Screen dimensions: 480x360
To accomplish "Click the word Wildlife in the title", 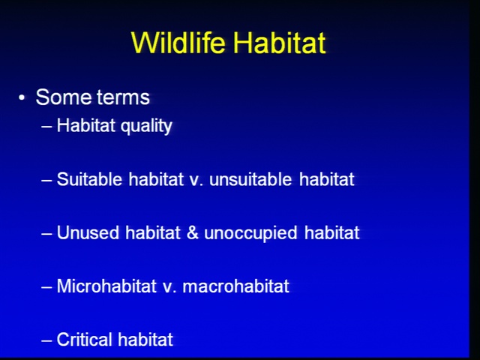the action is [x=178, y=42].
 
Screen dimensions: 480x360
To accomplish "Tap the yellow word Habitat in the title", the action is [x=279, y=42].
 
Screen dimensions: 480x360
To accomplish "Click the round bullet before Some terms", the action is [x=22, y=98].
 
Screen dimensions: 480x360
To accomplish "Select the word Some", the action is [x=64, y=97].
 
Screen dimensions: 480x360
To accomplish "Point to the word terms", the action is [x=123, y=97].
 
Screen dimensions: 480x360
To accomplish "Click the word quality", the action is [x=146, y=126].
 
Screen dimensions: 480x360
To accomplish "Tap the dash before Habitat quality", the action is [x=46, y=126].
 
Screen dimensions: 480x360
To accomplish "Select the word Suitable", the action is [x=89, y=179].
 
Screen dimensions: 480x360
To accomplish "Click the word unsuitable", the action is [x=250, y=179].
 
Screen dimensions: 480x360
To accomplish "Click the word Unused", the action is [x=88, y=232].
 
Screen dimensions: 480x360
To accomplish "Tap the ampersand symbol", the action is [x=193, y=232].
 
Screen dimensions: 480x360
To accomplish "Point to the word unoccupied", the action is [x=250, y=233].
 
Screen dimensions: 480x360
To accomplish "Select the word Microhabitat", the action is [x=106, y=286].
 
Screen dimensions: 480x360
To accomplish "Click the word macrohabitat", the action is [x=235, y=286].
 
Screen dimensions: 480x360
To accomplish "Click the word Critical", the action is [x=84, y=340].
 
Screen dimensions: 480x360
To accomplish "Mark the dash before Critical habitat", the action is [x=46, y=340].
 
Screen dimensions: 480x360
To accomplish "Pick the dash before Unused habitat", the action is [x=46, y=233].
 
